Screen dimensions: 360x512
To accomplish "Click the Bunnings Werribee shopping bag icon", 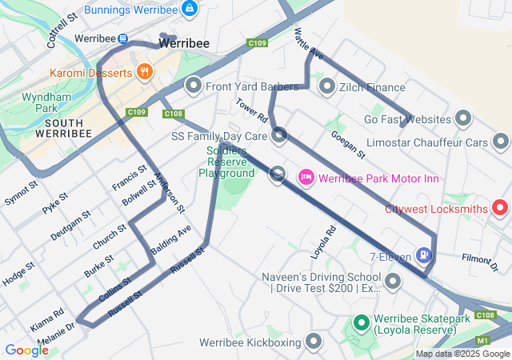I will click(x=190, y=9).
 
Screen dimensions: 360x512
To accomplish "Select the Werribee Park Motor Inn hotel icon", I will click(x=305, y=177).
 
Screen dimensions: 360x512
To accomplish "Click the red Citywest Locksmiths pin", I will click(x=501, y=208).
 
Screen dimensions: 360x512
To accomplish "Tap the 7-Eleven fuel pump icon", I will click(x=423, y=257).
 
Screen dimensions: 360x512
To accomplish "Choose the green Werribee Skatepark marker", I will click(x=360, y=323).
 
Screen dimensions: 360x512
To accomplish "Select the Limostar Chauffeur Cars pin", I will click(x=501, y=142).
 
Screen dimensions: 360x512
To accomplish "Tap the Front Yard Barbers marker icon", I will click(x=193, y=86).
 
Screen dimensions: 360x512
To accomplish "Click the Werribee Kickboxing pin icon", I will click(x=314, y=342).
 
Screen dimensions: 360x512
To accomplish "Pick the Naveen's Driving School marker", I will click(x=393, y=281).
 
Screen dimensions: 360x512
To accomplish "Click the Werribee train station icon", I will click(x=122, y=38).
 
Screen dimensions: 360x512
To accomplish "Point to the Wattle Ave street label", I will click(x=308, y=45).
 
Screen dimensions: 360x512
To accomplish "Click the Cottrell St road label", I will click(x=62, y=28).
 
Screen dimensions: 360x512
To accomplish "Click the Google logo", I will click(x=26, y=350).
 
